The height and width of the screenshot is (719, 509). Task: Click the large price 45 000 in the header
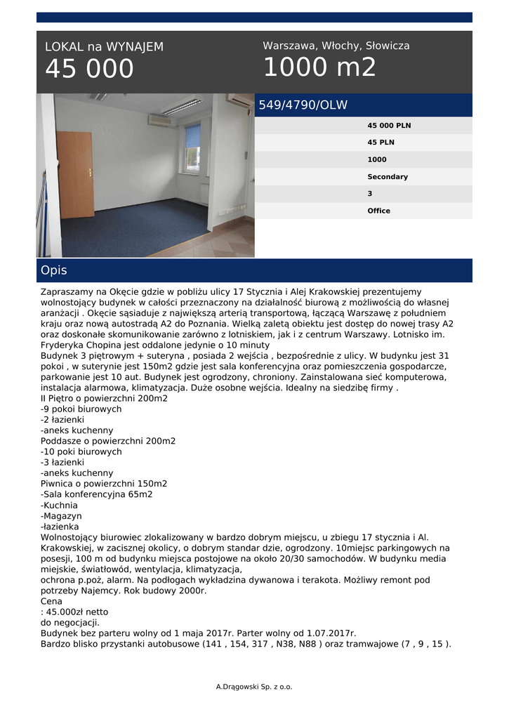(x=89, y=70)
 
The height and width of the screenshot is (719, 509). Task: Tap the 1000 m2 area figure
(x=319, y=67)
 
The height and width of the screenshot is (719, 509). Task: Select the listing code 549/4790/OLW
(x=303, y=105)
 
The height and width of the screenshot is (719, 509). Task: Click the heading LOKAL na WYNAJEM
(x=104, y=47)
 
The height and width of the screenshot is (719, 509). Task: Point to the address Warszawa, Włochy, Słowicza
(x=336, y=46)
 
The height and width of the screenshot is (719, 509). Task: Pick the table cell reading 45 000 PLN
(x=389, y=126)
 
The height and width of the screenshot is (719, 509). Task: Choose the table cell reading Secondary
(x=388, y=177)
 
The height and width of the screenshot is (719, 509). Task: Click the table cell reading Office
(x=378, y=211)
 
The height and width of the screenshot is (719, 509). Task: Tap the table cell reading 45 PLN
(x=381, y=143)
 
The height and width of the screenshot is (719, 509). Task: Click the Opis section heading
(x=54, y=270)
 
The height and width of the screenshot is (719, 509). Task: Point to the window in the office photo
(x=192, y=148)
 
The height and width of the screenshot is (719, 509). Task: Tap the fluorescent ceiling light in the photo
(x=182, y=106)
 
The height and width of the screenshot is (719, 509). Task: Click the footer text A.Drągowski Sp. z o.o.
(x=254, y=687)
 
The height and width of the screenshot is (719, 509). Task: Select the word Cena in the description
(x=51, y=602)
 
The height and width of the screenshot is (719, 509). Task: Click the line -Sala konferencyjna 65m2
(x=97, y=494)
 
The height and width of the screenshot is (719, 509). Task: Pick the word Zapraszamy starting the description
(x=69, y=291)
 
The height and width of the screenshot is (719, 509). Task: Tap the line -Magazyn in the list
(x=61, y=516)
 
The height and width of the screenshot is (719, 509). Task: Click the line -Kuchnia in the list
(x=59, y=506)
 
